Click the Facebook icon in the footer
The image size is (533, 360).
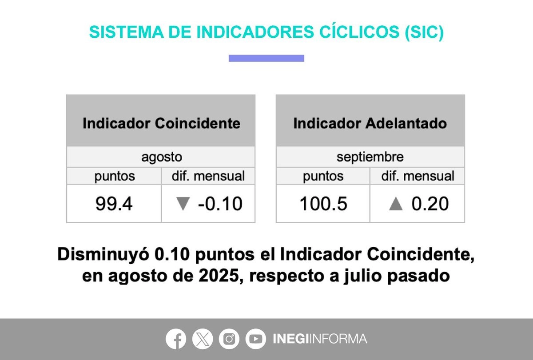(x=176, y=339)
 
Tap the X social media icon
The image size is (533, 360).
(x=203, y=339)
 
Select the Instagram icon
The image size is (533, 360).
(x=229, y=339)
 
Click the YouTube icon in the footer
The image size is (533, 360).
(x=255, y=339)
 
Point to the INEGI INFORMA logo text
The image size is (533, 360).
(x=320, y=339)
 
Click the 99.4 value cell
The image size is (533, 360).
(x=114, y=204)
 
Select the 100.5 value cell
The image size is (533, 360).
(x=323, y=204)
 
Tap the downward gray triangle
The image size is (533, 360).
(x=183, y=204)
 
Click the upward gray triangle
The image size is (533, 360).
(x=396, y=204)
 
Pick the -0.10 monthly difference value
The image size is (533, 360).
(x=220, y=204)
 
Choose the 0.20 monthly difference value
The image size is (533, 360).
(x=430, y=204)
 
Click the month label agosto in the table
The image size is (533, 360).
(x=162, y=157)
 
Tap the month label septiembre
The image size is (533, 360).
(x=370, y=157)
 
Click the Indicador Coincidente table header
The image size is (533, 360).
(x=161, y=123)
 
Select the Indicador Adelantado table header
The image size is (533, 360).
(x=370, y=123)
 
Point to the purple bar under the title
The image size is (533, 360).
(x=266, y=58)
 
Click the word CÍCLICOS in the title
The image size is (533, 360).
(x=359, y=32)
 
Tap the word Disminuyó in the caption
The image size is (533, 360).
(x=103, y=254)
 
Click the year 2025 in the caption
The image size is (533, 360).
(x=219, y=276)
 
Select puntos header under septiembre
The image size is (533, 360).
(x=323, y=176)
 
